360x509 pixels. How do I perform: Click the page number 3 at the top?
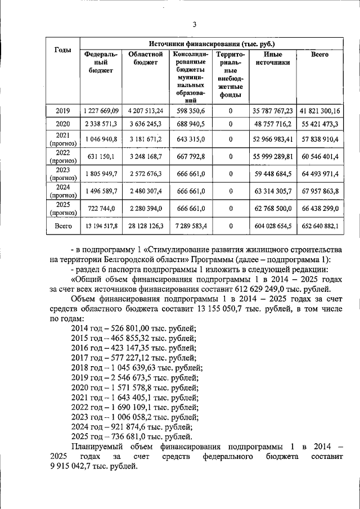tap(195, 24)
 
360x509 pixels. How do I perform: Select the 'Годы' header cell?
tap(62, 50)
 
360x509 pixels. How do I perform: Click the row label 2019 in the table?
tap(62, 111)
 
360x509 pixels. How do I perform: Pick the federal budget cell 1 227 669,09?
tap(101, 111)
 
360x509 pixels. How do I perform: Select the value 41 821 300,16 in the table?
tap(320, 111)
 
